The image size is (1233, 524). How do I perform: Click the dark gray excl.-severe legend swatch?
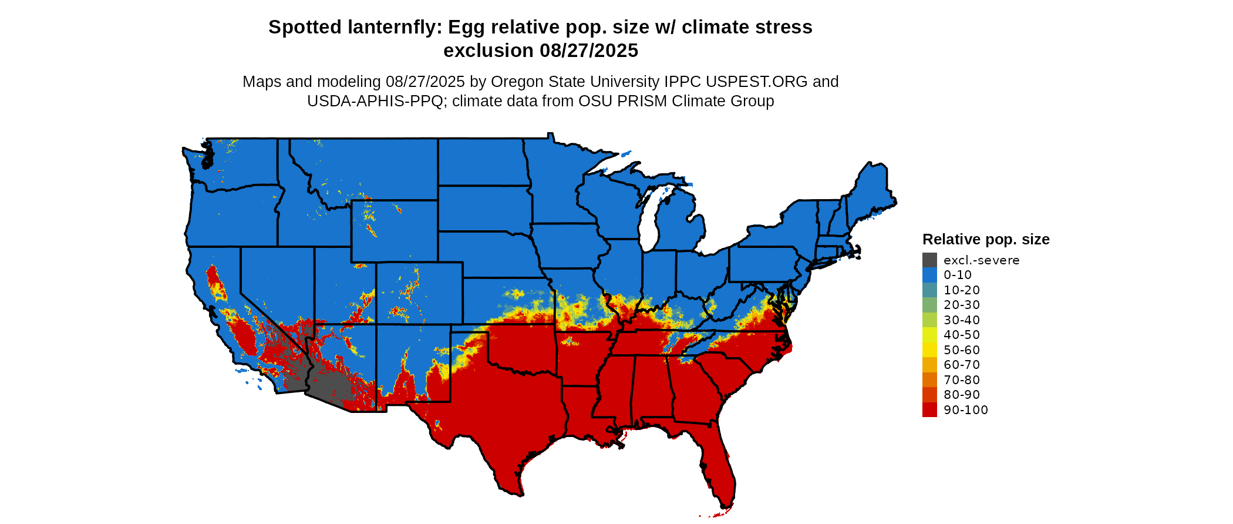(x=929, y=260)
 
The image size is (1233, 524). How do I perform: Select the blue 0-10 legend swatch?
(x=929, y=275)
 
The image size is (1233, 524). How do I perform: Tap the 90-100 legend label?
(x=965, y=410)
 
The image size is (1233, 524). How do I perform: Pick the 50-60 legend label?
(x=962, y=350)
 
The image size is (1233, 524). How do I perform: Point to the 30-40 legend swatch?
(x=929, y=320)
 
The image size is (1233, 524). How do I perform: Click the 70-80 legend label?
(x=962, y=380)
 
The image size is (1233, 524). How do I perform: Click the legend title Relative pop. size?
(x=986, y=240)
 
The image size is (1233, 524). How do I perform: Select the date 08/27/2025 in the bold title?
(x=588, y=51)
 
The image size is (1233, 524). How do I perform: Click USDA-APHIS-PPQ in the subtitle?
(x=375, y=101)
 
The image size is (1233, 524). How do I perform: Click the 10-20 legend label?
(x=962, y=290)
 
